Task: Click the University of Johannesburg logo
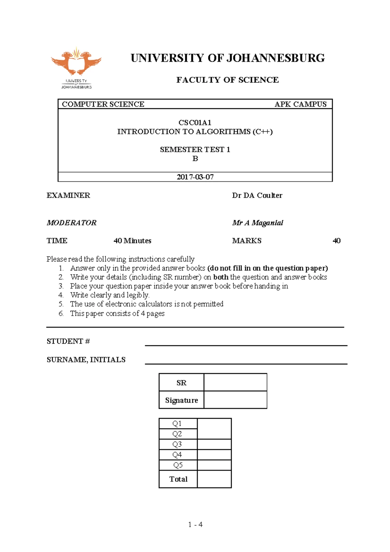pyautogui.click(x=76, y=68)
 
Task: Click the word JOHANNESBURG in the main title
pyautogui.click(x=275, y=58)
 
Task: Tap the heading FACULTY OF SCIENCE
pyautogui.click(x=227, y=80)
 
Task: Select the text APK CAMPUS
pyautogui.click(x=300, y=104)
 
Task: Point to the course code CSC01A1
pyautogui.click(x=195, y=123)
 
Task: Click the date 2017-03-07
pyautogui.click(x=195, y=177)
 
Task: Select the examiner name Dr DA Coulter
pyautogui.click(x=257, y=195)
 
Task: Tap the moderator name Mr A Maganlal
pyautogui.click(x=257, y=223)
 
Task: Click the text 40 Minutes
pyautogui.click(x=132, y=241)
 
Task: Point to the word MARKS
pyautogui.click(x=247, y=241)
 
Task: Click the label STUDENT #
pyautogui.click(x=68, y=341)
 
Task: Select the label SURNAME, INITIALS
pyautogui.click(x=86, y=360)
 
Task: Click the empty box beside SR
pyautogui.click(x=235, y=382)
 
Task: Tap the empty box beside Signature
pyautogui.click(x=235, y=400)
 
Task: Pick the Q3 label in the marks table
pyautogui.click(x=177, y=444)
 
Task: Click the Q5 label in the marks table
pyautogui.click(x=178, y=465)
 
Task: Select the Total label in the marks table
pyautogui.click(x=178, y=479)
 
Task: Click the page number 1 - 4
pyautogui.click(x=195, y=524)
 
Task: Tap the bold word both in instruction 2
pyautogui.click(x=221, y=277)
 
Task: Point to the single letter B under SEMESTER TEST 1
pyautogui.click(x=195, y=159)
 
